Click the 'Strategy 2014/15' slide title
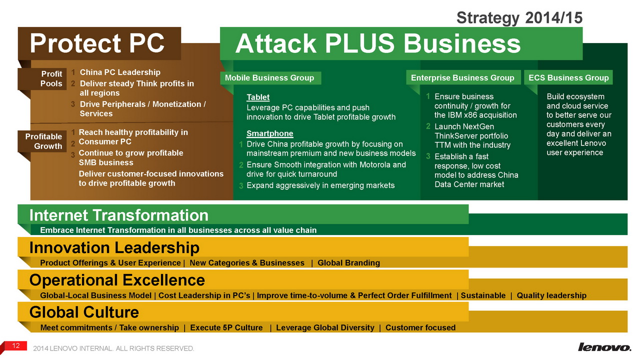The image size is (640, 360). [x=519, y=17]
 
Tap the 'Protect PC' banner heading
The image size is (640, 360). [x=97, y=43]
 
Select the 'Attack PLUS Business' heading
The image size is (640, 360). [x=377, y=43]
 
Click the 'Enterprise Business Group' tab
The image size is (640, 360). [x=463, y=77]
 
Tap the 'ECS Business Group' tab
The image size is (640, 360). [x=568, y=77]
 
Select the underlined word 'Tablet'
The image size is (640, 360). [x=258, y=97]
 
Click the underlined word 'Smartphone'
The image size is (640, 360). [x=269, y=133]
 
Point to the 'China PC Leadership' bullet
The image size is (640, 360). [x=120, y=72]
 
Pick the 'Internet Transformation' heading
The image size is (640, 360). [x=119, y=215]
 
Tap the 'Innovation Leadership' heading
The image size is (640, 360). [x=114, y=247]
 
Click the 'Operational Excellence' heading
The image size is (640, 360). [x=117, y=280]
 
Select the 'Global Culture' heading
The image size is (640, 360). [x=84, y=312]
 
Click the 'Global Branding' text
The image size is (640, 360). [x=348, y=263]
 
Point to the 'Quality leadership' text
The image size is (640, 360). [x=551, y=295]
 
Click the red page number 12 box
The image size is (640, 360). [x=16, y=345]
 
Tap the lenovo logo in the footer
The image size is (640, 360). [x=604, y=347]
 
